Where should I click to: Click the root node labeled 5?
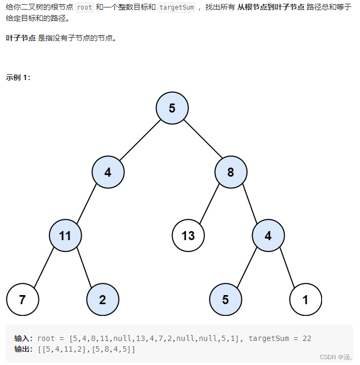click(172, 108)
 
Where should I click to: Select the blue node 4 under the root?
click(108, 172)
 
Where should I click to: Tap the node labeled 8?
click(231, 172)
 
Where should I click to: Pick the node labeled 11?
click(65, 235)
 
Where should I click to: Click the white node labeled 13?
click(188, 235)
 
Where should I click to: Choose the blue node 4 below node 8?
click(268, 235)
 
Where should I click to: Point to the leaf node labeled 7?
click(22, 299)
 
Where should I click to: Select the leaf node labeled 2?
click(103, 299)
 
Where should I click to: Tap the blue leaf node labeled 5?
click(225, 299)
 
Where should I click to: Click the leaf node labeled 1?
click(306, 299)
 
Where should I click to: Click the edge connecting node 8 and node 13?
click(209, 203)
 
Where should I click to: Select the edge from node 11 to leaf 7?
click(44, 267)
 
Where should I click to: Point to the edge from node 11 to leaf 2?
click(84, 267)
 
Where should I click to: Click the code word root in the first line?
click(84, 7)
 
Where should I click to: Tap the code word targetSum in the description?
click(177, 7)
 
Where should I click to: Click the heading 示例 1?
click(18, 77)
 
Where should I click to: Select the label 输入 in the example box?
click(24, 338)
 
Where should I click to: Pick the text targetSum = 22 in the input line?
click(280, 338)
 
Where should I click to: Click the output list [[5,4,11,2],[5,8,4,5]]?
click(86, 349)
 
